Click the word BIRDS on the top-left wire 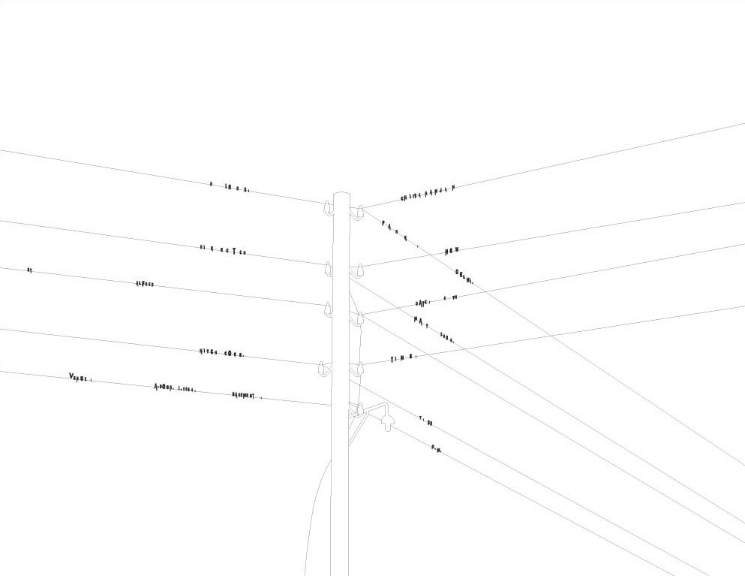point(229,186)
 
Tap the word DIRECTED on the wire point(223,249)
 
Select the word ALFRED point(145,284)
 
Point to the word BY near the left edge point(29,269)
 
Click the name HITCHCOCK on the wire point(221,352)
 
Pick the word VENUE point(80,377)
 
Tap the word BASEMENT point(245,395)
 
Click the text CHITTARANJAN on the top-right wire point(428,192)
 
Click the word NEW point(451,251)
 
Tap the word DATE point(423,303)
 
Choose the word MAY point(421,321)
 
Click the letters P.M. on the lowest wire point(436,448)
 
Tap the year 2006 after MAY point(447,337)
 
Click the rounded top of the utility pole point(341,195)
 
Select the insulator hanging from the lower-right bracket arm point(387,423)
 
